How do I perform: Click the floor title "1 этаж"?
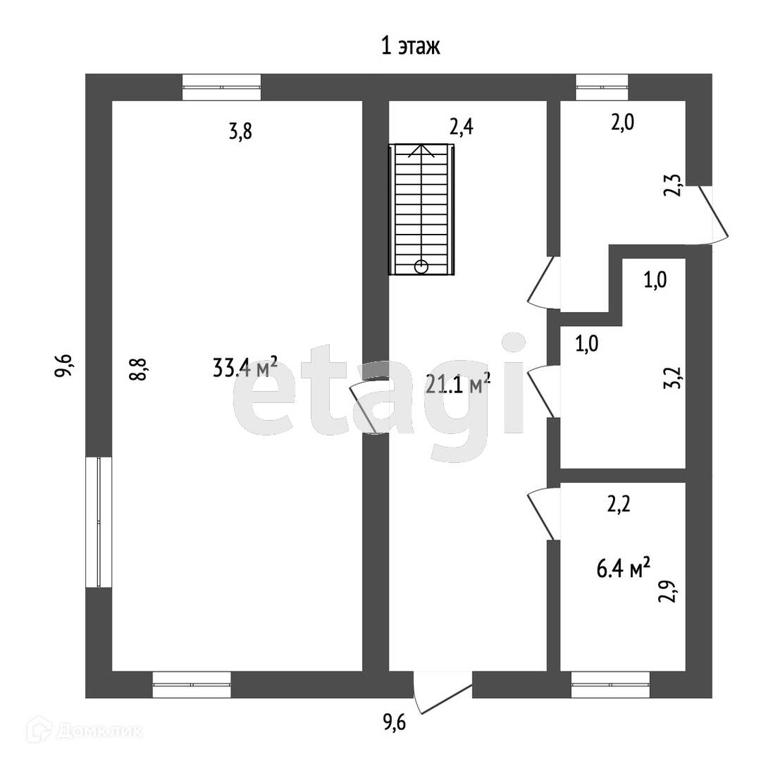click(x=411, y=47)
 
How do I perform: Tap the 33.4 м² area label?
click(x=245, y=367)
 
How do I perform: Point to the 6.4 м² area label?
click(x=623, y=568)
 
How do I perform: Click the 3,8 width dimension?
click(x=241, y=132)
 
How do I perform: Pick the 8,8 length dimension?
click(x=138, y=369)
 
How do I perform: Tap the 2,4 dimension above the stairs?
click(x=462, y=127)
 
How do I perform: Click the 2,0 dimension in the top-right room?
click(x=623, y=123)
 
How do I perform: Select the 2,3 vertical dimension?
click(x=673, y=185)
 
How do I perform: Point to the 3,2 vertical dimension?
click(x=673, y=377)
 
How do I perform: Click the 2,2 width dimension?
click(x=619, y=505)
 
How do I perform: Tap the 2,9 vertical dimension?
click(x=667, y=591)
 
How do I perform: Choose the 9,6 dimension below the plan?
click(x=395, y=723)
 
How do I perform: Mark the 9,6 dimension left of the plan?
click(x=63, y=364)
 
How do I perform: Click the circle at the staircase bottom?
click(x=421, y=266)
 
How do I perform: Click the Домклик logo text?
click(x=99, y=731)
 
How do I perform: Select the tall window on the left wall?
click(x=99, y=522)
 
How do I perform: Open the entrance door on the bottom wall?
click(x=443, y=692)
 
